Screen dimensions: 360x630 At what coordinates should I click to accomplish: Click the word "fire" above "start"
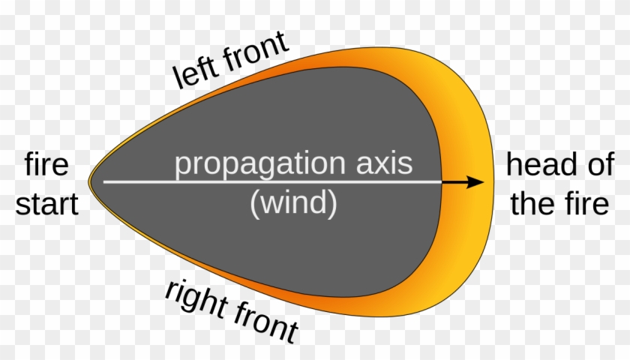pos(47,165)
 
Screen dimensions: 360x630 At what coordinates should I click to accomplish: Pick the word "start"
pos(47,204)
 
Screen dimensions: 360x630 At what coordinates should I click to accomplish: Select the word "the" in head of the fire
pos(532,204)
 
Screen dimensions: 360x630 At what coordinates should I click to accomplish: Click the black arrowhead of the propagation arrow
pos(474,181)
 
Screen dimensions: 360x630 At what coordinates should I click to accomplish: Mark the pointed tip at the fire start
pos(89,182)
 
